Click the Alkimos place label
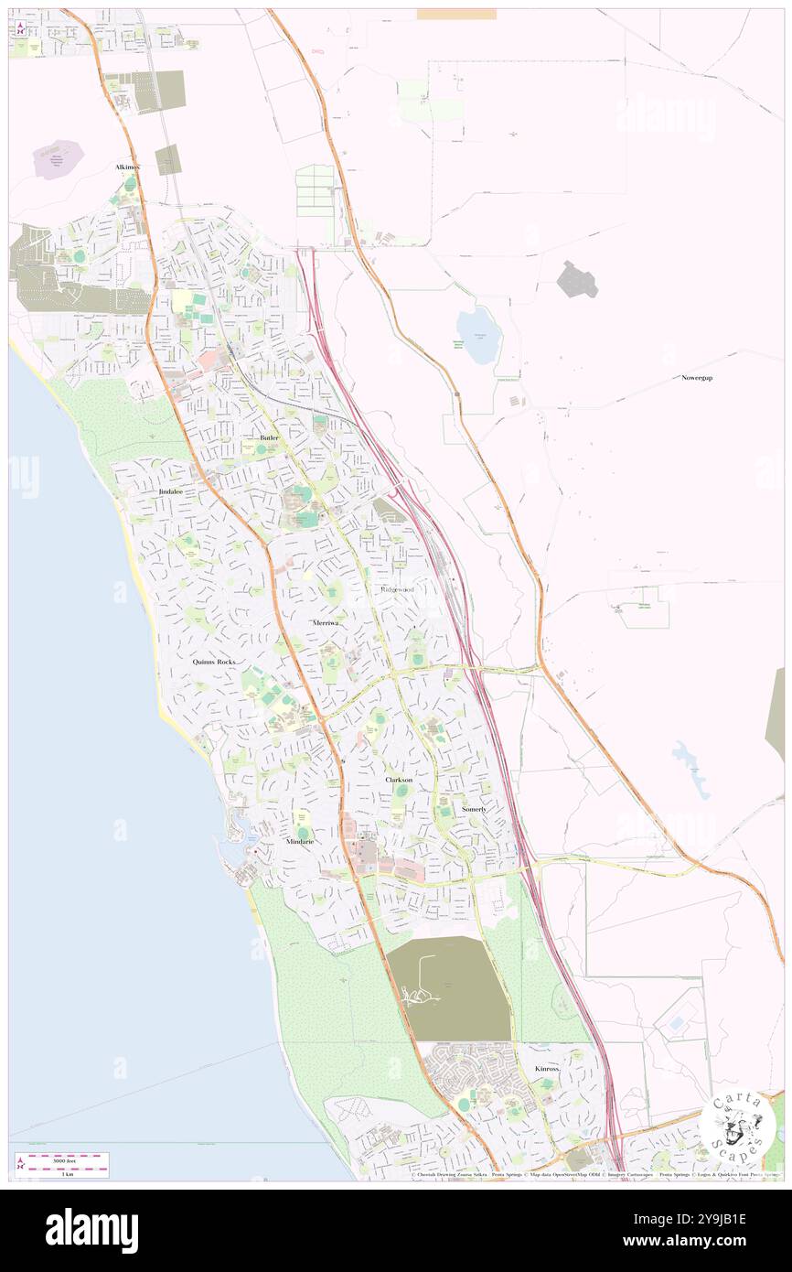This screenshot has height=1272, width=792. pyautogui.click(x=127, y=167)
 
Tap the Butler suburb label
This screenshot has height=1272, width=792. pyautogui.click(x=269, y=438)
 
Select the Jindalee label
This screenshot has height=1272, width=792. pyautogui.click(x=171, y=491)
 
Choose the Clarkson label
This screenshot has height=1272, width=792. pyautogui.click(x=398, y=780)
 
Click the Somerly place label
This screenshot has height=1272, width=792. pyautogui.click(x=474, y=810)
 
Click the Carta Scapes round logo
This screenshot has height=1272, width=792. pyautogui.click(x=737, y=1125)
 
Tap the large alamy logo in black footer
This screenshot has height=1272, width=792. pyautogui.click(x=91, y=1230)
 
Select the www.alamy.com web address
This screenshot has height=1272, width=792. pyautogui.click(x=698, y=1241)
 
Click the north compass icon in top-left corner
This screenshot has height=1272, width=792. pyautogui.click(x=20, y=28)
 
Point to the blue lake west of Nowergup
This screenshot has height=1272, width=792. pyautogui.click(x=477, y=334)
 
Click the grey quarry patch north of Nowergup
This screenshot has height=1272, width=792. pyautogui.click(x=577, y=279)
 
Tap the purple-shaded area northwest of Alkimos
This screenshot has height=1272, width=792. pyautogui.click(x=58, y=159)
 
